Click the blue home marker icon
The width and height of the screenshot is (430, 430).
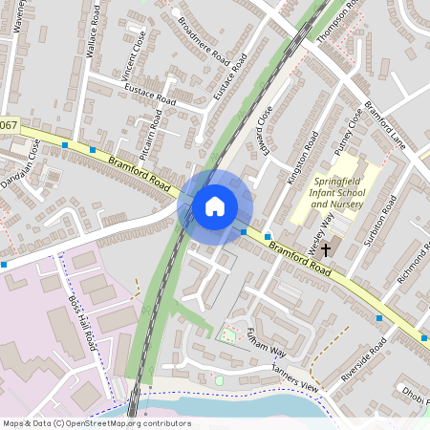tap(215, 205)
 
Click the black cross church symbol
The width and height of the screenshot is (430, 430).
tap(326, 249)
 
